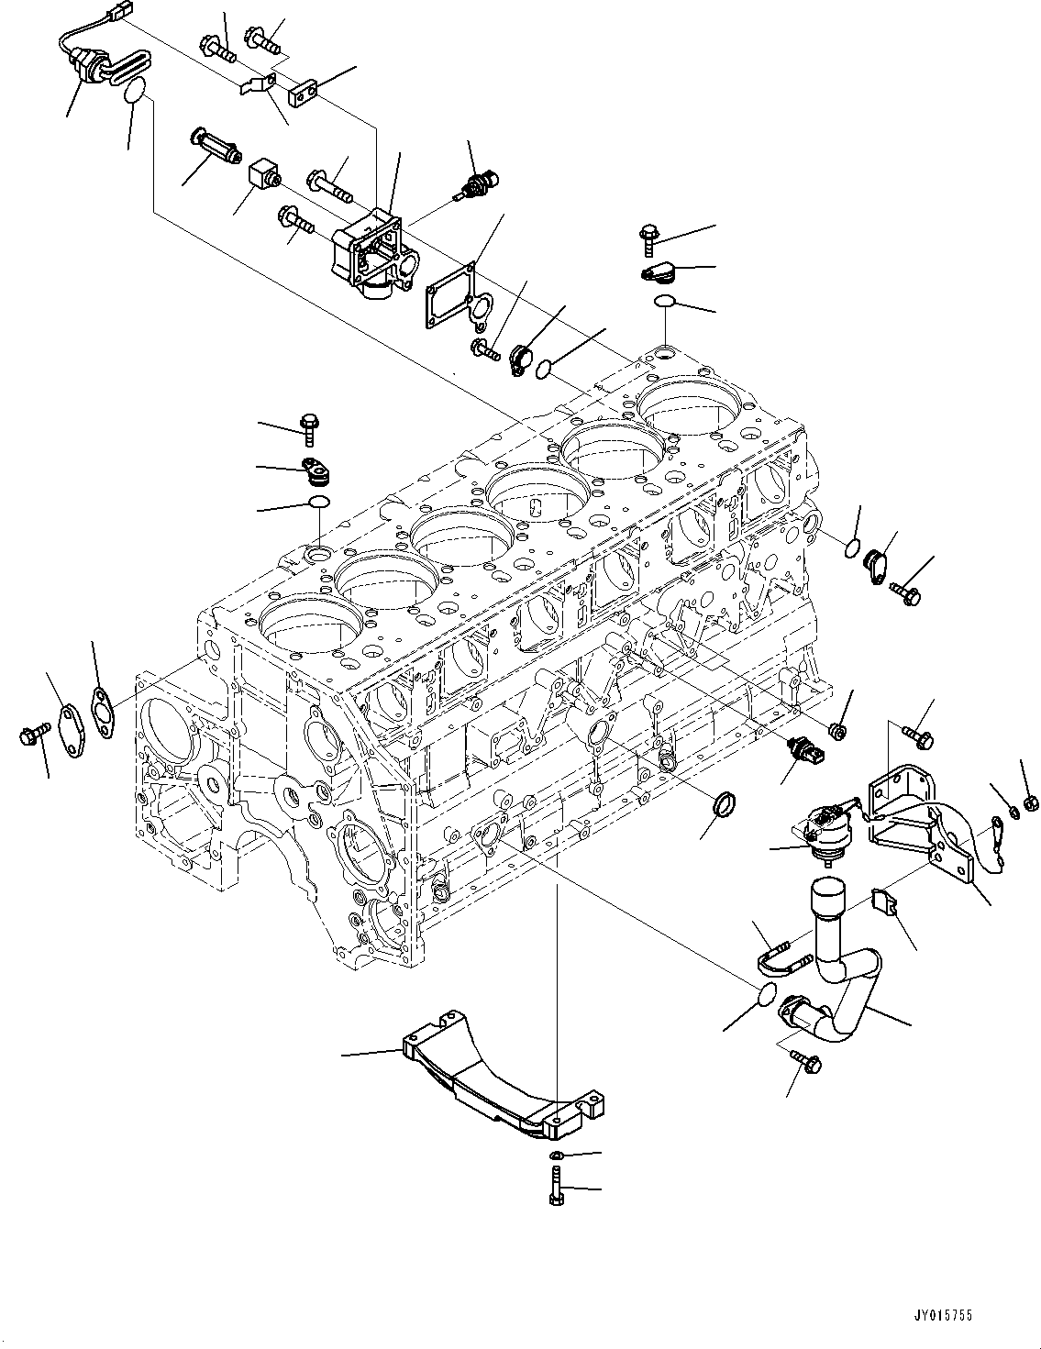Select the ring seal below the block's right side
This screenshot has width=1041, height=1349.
click(725, 805)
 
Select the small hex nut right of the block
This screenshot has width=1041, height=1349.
click(836, 731)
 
